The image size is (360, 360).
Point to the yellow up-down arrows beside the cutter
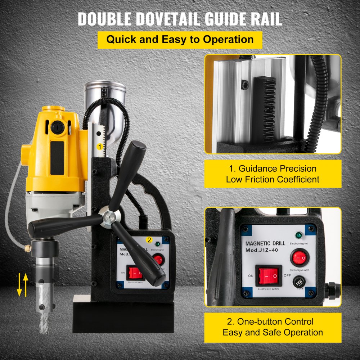pos(22,284)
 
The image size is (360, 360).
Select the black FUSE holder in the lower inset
pos(298,283)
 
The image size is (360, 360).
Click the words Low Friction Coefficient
pos(273,179)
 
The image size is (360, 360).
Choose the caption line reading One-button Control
pos(273,321)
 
